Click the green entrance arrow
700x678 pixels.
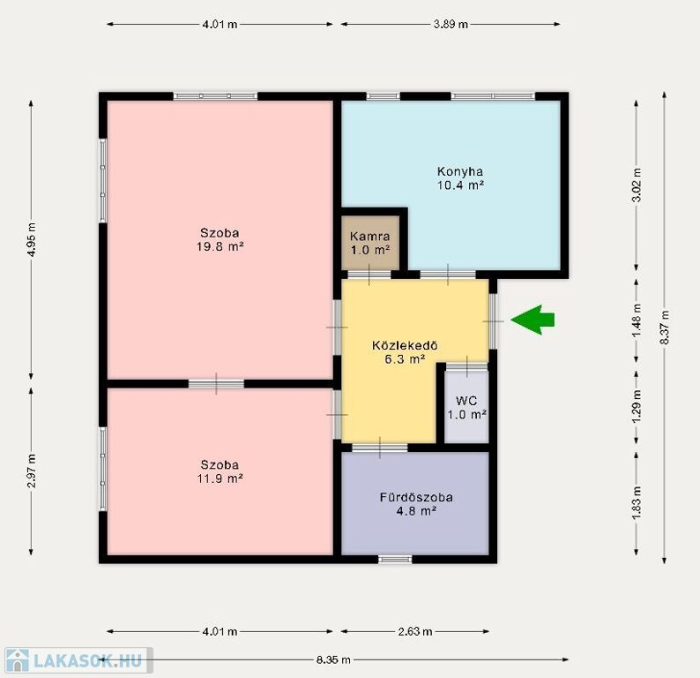tap(532, 320)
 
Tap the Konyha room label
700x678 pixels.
tap(460, 171)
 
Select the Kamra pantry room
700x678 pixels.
tap(370, 243)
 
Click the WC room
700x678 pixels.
tap(466, 407)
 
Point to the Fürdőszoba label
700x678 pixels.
tap(416, 497)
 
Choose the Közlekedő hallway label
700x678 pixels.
tap(405, 345)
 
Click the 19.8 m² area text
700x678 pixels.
tap(220, 246)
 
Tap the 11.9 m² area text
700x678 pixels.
tap(220, 478)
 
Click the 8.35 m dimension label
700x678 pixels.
tap(333, 659)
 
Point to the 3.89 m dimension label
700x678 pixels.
tap(451, 24)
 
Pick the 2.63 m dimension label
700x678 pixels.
tap(415, 631)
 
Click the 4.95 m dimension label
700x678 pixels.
tap(31, 239)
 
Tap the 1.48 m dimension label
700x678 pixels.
tap(637, 320)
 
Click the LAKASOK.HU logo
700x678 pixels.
tap(78, 660)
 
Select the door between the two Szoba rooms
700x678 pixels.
tap(216, 383)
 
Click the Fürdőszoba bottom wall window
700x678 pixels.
tap(395, 559)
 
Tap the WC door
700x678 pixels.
tap(467, 366)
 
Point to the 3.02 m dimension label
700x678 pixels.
tap(637, 185)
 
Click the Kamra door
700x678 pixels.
tap(369, 275)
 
